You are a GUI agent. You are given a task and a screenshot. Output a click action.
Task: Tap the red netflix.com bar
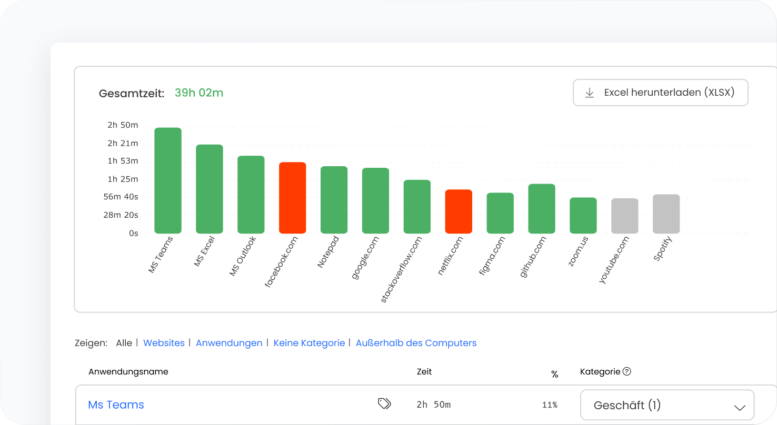click(459, 211)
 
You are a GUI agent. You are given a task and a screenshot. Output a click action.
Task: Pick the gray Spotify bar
click(666, 214)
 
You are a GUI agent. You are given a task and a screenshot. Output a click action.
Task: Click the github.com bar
click(542, 209)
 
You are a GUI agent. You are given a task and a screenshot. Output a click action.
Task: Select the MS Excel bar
click(210, 189)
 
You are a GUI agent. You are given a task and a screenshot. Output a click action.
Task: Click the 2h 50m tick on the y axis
click(123, 125)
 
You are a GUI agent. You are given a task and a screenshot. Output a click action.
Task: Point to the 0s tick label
click(133, 233)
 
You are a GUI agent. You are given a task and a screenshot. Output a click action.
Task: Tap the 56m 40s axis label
click(121, 197)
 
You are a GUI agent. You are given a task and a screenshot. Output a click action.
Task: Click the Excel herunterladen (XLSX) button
click(660, 93)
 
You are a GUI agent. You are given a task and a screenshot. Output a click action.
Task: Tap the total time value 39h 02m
click(199, 93)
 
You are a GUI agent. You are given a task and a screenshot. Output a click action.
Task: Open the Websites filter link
click(164, 343)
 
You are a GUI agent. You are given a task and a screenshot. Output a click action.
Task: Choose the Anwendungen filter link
click(229, 343)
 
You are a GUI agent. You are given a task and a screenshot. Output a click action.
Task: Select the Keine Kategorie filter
click(309, 343)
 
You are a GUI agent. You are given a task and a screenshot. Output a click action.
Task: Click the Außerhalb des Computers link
click(416, 343)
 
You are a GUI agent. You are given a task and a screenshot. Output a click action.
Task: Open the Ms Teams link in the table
click(116, 404)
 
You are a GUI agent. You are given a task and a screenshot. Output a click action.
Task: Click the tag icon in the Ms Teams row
click(384, 403)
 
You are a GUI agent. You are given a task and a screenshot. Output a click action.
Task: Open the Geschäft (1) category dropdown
click(667, 406)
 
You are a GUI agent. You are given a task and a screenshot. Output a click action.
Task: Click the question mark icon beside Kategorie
click(626, 371)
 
